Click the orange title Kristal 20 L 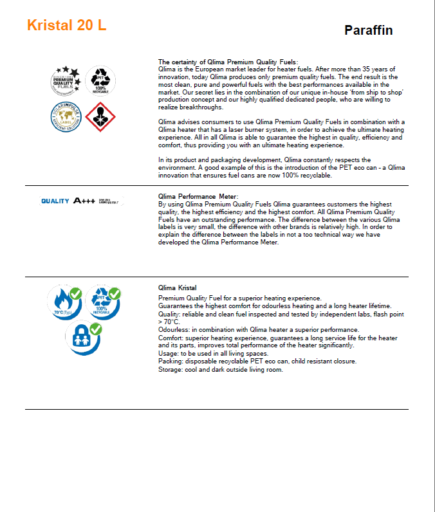(x=67, y=26)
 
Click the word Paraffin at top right (x=368, y=30)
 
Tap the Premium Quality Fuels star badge (x=68, y=80)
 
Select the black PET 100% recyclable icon (x=99, y=80)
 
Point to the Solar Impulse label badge (x=67, y=116)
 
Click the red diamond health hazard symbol (x=100, y=116)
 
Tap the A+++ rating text (x=84, y=201)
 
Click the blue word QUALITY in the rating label (x=55, y=201)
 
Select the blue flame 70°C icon (x=63, y=302)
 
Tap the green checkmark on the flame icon (x=76, y=294)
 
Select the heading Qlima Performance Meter (x=198, y=196)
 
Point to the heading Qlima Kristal (x=178, y=288)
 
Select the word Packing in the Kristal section (x=171, y=361)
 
